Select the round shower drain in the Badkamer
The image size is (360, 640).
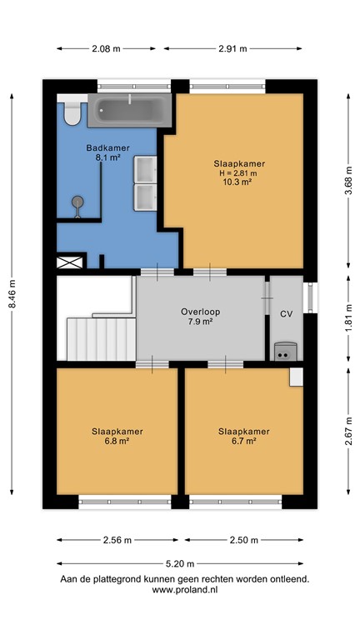coord(78,201)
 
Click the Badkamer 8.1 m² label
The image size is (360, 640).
coord(107,153)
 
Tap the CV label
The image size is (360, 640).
coord(286,314)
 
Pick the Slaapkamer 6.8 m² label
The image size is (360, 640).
coord(117,436)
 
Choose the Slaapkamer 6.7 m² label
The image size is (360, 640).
coord(243,436)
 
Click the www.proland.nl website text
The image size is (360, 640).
coord(184,589)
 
